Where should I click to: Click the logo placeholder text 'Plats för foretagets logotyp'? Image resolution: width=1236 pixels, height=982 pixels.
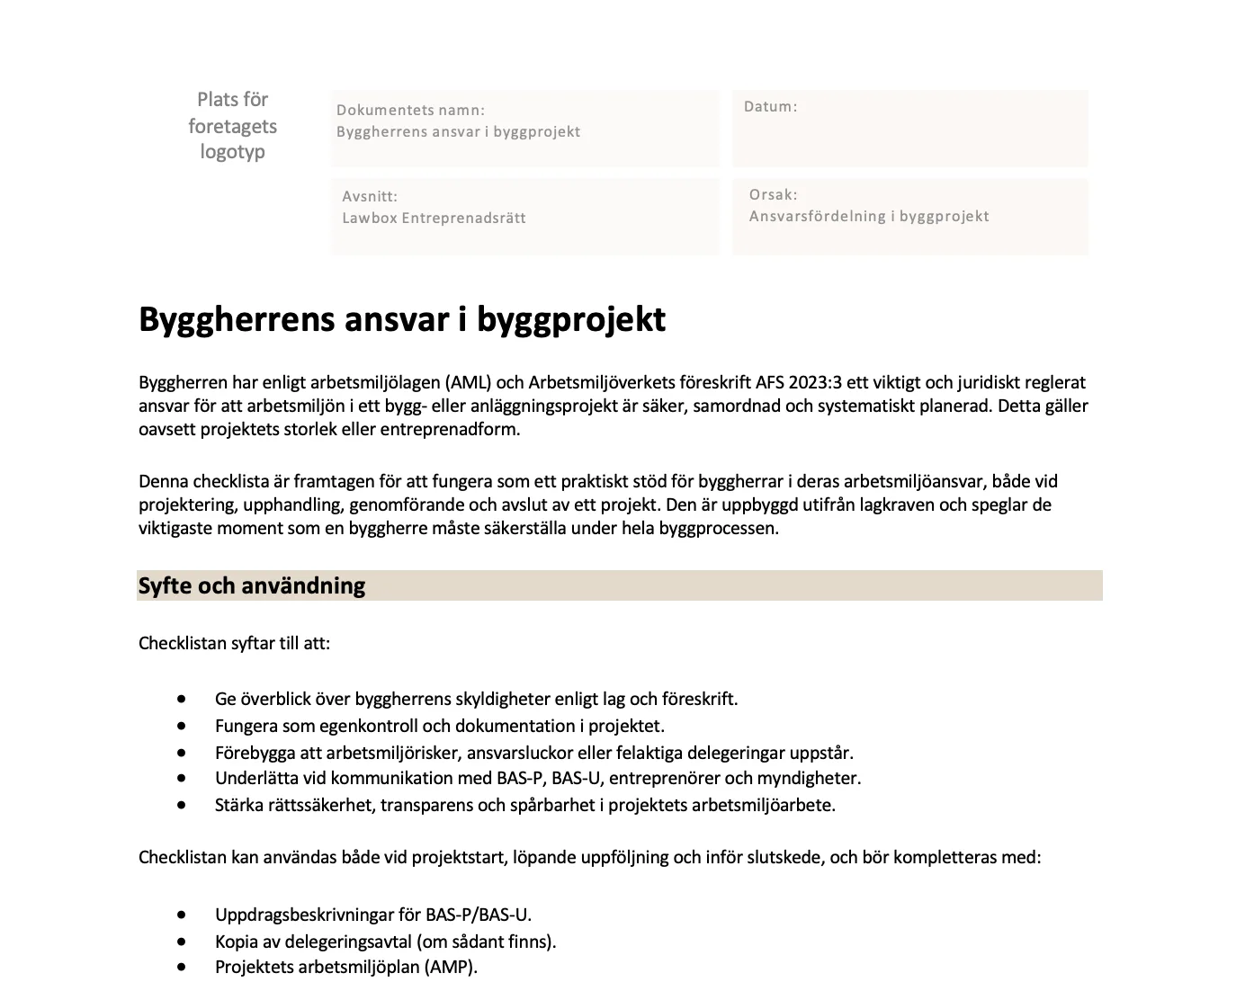232,126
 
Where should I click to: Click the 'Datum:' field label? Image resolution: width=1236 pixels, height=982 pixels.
770,107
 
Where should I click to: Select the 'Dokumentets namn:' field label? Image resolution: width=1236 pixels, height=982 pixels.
410,111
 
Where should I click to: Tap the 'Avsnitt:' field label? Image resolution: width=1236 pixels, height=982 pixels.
369,197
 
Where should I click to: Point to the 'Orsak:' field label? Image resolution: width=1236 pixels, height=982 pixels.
773,195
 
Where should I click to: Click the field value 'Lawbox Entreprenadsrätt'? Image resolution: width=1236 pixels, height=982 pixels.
434,219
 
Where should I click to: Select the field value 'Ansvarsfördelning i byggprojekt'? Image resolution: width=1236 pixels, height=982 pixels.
869,217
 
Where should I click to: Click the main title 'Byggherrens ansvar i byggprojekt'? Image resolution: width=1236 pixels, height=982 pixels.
401,319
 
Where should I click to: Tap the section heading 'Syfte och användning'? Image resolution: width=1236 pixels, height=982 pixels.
252,586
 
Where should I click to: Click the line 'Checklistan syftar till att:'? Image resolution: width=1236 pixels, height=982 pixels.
234,644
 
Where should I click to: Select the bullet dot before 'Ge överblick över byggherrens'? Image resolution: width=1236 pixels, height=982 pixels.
183,699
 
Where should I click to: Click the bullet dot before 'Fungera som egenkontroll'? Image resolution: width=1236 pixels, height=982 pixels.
183,725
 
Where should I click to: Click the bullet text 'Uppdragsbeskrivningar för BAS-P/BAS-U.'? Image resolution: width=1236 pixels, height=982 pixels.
373,915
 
